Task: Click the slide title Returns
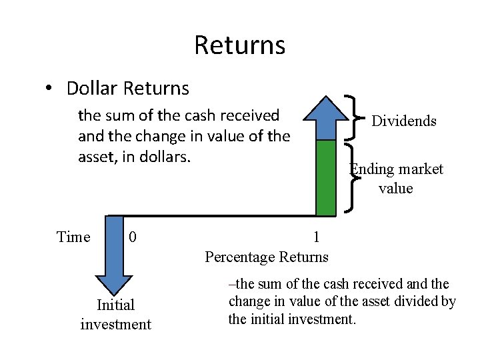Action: [239, 45]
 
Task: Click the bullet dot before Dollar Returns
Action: [50, 88]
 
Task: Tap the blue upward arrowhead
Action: [325, 118]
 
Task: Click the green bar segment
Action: [325, 177]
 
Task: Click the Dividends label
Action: [403, 121]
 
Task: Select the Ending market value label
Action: [397, 179]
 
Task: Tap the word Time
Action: [73, 237]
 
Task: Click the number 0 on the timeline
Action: [133, 237]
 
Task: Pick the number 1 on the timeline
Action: [316, 237]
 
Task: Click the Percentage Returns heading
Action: [267, 257]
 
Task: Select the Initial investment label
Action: [115, 315]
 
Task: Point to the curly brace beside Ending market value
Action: [350, 177]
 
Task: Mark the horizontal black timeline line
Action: [213, 215]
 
